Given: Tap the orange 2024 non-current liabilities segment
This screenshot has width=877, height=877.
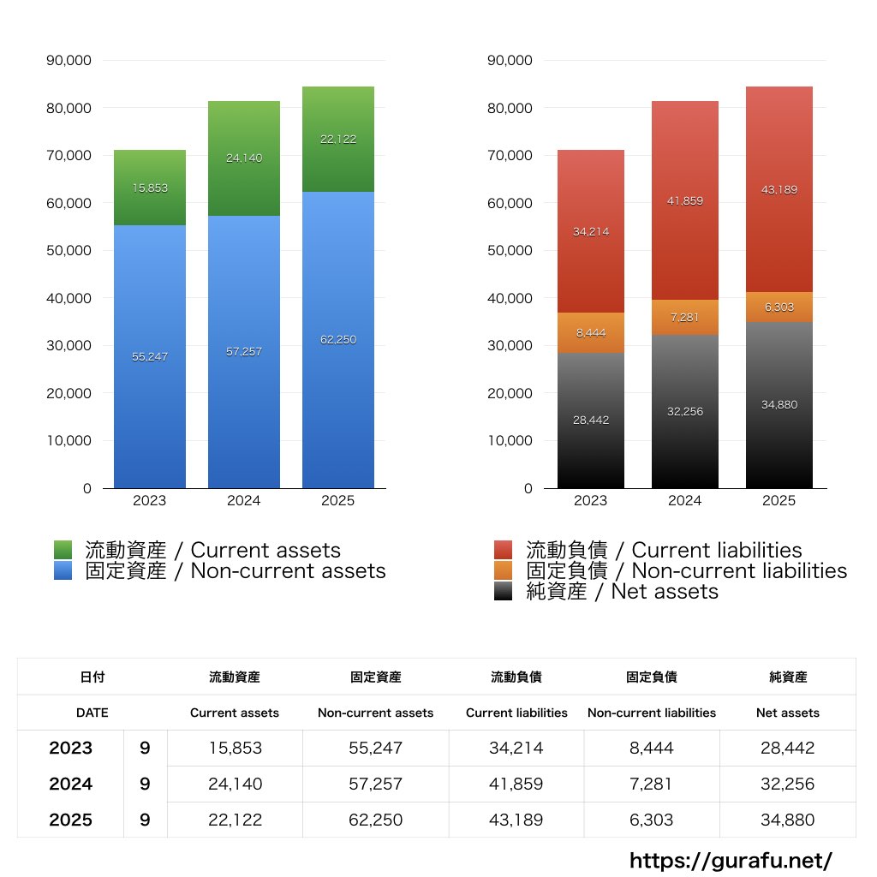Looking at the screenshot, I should coord(685,318).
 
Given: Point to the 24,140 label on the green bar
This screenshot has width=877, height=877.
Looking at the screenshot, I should coord(244,158).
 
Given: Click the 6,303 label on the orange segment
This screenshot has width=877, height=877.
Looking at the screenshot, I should coord(779,307).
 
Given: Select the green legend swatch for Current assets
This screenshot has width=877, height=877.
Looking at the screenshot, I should coord(63,550).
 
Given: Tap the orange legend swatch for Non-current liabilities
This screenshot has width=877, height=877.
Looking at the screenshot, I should coord(504,570).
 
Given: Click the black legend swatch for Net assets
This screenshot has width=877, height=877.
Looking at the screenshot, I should coord(504,591).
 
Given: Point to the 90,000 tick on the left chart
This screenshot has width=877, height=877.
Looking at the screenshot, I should coord(75,61).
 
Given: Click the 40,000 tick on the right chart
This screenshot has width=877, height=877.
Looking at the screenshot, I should coord(510,298).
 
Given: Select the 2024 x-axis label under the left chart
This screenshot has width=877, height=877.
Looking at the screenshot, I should coord(244,501).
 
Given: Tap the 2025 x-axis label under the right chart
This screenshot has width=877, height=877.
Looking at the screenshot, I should coord(779,501).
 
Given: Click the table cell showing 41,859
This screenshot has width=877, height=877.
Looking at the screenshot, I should coord(516,784).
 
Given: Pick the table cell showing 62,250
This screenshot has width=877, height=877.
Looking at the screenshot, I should coord(375,820).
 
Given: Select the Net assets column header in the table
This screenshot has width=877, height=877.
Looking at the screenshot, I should coord(788,713).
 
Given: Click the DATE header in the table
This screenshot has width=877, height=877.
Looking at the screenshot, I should coord(92,713).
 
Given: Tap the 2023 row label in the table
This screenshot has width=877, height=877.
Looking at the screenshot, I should coord(70,748).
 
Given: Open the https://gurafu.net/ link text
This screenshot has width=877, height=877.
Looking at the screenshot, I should coord(731,860).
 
